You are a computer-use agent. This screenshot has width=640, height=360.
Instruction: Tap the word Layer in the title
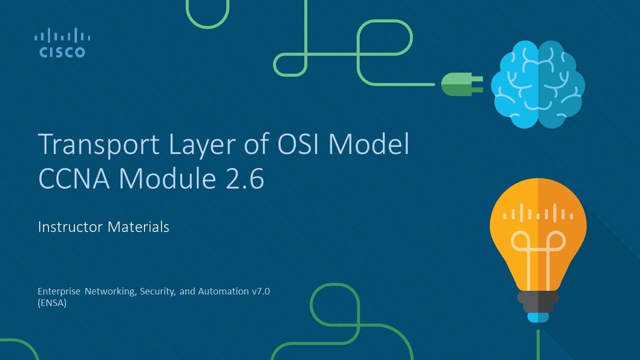click(192, 145)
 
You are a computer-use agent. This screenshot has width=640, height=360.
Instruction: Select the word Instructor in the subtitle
click(70, 227)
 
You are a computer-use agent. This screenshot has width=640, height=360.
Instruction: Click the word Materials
click(138, 227)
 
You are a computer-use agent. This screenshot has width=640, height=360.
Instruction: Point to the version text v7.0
click(260, 291)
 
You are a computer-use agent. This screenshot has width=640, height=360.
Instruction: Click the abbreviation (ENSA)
click(52, 302)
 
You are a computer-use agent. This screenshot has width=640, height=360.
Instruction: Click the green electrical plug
click(461, 84)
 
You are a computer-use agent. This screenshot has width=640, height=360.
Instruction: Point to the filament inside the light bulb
click(537, 245)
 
